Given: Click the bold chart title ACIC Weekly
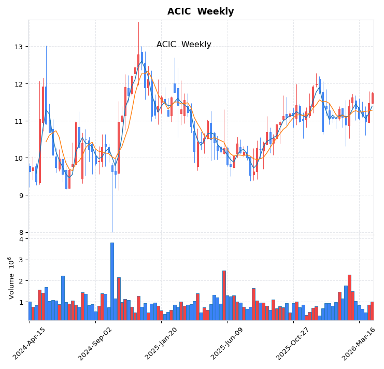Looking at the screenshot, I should coord(200,11).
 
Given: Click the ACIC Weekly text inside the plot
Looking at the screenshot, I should coord(183,45).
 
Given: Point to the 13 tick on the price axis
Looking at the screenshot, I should coord(19,47).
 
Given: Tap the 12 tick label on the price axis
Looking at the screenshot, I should coord(19,84).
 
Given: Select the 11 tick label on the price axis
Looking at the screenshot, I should coord(19,121).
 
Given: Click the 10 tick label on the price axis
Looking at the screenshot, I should coord(19,158).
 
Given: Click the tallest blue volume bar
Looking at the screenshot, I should coord(112,281).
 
